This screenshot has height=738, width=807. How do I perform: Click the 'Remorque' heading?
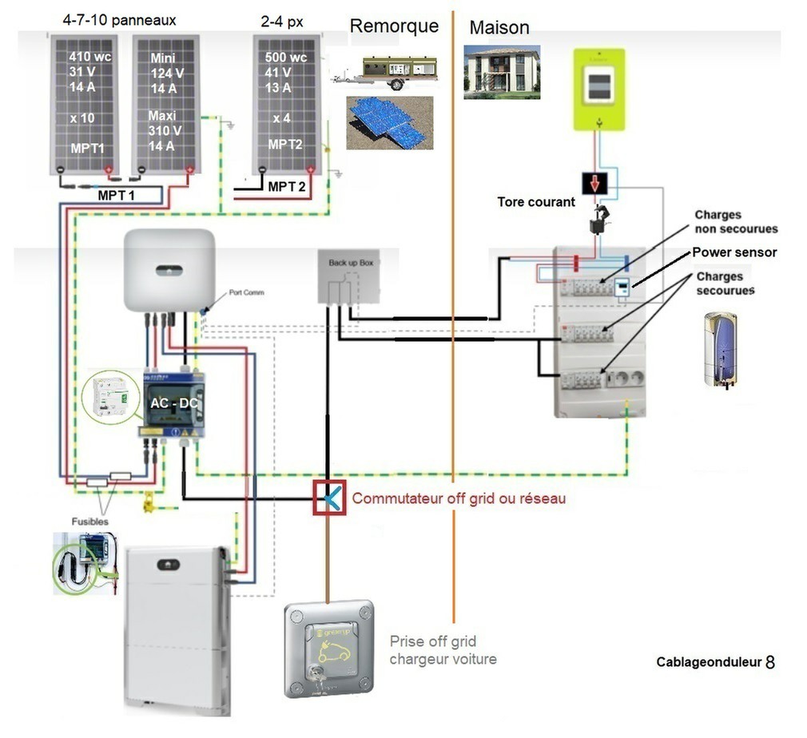point(394,26)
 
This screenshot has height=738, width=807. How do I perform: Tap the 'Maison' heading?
point(499,27)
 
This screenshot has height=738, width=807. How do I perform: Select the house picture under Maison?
point(502,72)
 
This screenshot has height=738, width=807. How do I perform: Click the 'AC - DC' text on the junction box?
point(173,403)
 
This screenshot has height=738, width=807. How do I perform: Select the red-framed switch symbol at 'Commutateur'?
point(329,498)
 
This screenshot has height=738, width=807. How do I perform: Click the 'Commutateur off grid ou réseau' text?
point(459,498)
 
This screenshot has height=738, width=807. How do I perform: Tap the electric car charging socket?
point(329,649)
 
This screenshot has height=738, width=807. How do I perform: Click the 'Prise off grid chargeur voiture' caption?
point(443,650)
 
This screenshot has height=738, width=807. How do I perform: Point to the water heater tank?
point(720,350)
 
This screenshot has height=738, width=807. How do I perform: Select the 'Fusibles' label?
point(90,522)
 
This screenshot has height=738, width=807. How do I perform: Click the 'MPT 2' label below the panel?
point(287,187)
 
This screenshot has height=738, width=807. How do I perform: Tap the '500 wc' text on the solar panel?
point(285,58)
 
